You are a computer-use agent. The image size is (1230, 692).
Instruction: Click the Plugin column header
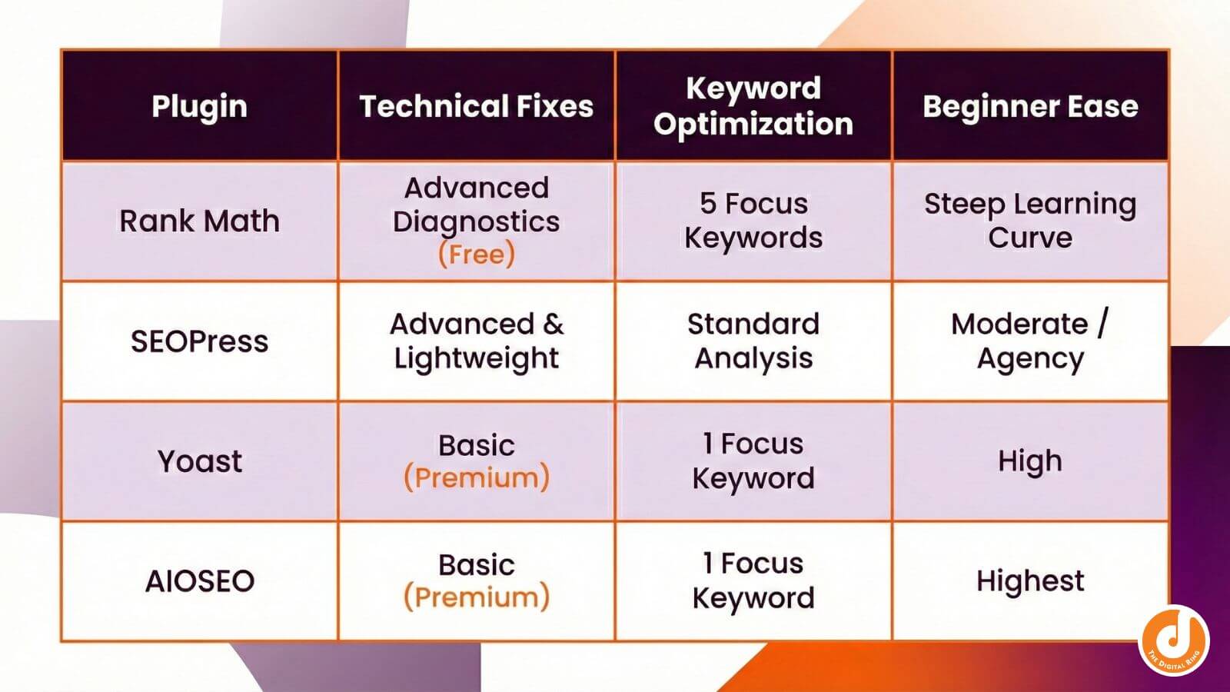(x=199, y=106)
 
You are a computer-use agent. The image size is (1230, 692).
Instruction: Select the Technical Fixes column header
(x=476, y=106)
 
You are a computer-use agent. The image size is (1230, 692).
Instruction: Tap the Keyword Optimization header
(x=753, y=106)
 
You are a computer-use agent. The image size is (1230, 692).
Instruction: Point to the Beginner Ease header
(x=1030, y=106)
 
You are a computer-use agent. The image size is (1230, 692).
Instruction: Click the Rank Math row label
(x=199, y=221)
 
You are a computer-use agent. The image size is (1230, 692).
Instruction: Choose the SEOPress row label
(x=199, y=341)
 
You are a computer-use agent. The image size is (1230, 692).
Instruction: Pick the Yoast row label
(x=199, y=461)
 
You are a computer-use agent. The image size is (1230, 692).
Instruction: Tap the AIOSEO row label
(x=199, y=581)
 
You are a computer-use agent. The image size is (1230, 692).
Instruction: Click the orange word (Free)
(x=476, y=255)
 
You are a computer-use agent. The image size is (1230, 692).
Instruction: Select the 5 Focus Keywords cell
(x=753, y=221)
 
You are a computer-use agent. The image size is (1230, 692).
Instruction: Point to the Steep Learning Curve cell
(x=1030, y=221)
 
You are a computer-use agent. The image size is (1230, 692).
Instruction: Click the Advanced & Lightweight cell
(x=476, y=341)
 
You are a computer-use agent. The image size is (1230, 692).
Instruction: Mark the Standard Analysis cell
(x=753, y=341)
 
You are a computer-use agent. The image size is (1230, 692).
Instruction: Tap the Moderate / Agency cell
(x=1030, y=341)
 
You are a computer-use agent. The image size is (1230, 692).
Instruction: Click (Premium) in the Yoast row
(x=476, y=478)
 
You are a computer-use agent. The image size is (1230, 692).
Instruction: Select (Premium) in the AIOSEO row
(x=476, y=597)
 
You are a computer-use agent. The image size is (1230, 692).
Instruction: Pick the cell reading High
(x=1030, y=461)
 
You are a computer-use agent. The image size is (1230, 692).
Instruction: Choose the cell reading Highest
(x=1030, y=581)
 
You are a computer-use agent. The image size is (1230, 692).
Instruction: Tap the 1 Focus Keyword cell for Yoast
(x=753, y=461)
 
